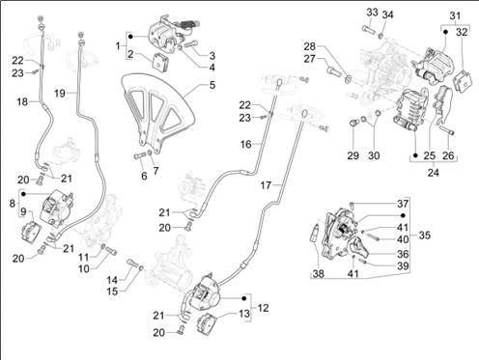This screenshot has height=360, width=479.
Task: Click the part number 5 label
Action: pyautogui.click(x=212, y=85)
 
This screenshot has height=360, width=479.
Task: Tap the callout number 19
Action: pyautogui.click(x=60, y=94)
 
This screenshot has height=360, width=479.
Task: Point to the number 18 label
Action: pyautogui.click(x=22, y=102)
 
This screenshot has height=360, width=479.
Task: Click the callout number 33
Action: pyautogui.click(x=372, y=13)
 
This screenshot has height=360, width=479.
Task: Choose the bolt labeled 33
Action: pyautogui.click(x=368, y=29)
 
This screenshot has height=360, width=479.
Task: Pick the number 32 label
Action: pyautogui.click(x=462, y=32)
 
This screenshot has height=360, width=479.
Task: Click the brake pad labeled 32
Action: pyautogui.click(x=463, y=82)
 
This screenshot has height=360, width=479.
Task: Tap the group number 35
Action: pyautogui.click(x=425, y=235)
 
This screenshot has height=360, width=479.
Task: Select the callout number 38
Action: pyautogui.click(x=318, y=274)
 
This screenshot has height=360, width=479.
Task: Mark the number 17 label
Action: pyautogui.click(x=266, y=185)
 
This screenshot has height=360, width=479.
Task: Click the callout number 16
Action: pyautogui.click(x=245, y=144)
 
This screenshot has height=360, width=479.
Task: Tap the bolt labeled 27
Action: pyautogui.click(x=334, y=70)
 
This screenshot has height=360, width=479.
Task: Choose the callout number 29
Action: pyautogui.click(x=352, y=155)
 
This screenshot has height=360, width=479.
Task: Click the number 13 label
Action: pyautogui.click(x=244, y=313)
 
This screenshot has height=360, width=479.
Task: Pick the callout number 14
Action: pyautogui.click(x=112, y=280)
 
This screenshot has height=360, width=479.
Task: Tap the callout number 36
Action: pyautogui.click(x=403, y=254)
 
